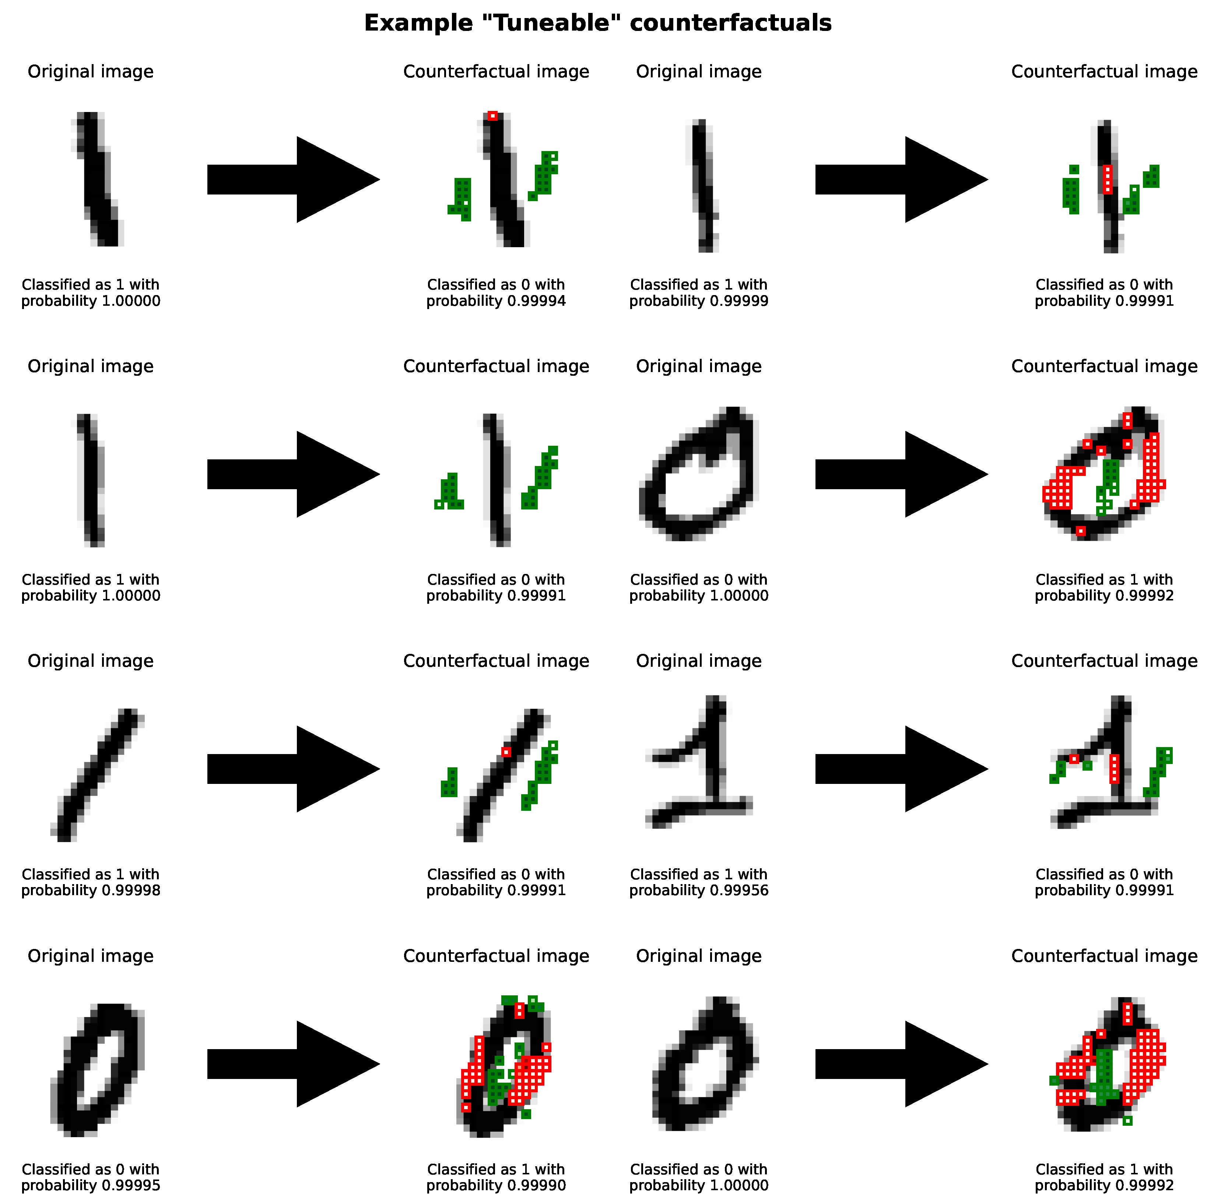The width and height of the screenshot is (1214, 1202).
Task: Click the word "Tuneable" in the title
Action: pyautogui.click(x=553, y=23)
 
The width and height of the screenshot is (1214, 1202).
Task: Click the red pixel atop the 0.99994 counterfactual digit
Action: pyautogui.click(x=493, y=116)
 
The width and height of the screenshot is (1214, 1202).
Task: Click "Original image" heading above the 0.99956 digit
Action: pyautogui.click(x=699, y=661)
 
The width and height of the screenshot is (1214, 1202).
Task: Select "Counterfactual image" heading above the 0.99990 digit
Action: pyautogui.click(x=496, y=956)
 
